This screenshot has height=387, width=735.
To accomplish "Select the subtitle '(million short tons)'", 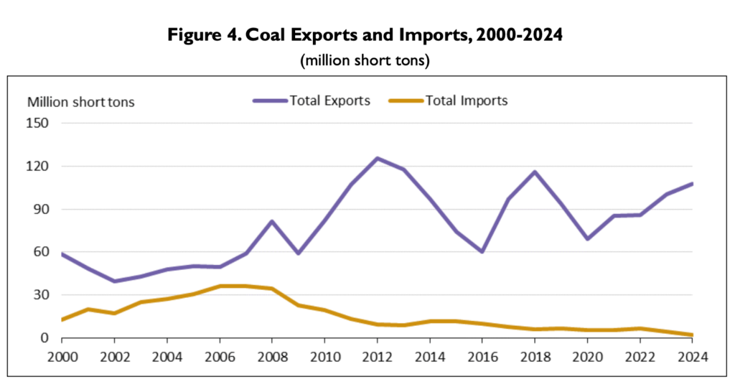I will click(364, 60).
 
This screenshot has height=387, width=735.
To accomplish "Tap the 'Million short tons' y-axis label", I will click(81, 101).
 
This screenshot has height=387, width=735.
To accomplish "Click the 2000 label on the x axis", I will click(62, 357).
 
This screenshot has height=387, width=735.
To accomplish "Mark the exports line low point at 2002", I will click(114, 281).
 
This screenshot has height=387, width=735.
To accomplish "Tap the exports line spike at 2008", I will click(272, 221).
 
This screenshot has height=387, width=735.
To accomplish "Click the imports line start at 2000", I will click(62, 320).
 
